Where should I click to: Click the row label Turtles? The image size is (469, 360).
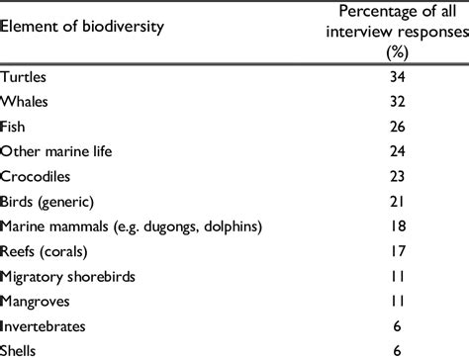[25, 75]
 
